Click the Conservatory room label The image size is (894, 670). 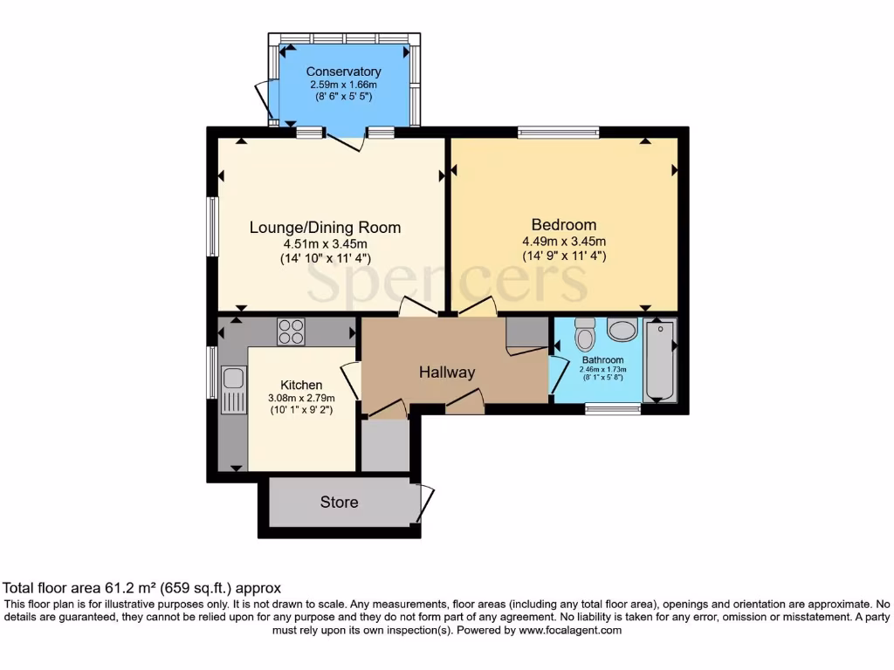pos(342,72)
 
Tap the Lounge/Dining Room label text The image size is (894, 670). pos(325,228)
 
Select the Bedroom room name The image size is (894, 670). pos(564,225)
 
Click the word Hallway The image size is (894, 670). pos(447,373)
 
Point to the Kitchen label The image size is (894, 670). pos(301,385)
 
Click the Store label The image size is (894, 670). pos(339,502)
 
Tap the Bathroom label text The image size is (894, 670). pos(602,360)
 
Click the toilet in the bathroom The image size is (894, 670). pos(585,333)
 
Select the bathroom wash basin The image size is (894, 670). pos(622,331)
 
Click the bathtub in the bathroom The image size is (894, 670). pos(659,360)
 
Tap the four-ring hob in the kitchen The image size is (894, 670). pos(291,332)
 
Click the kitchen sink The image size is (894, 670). pos(233,379)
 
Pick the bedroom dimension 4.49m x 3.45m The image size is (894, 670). pos(564,242)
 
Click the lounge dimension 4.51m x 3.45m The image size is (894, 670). pos(325,244)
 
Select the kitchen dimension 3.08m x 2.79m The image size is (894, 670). pos(301,399)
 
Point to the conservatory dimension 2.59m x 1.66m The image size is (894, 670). pos(342,85)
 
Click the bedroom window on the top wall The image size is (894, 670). pos(558,133)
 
